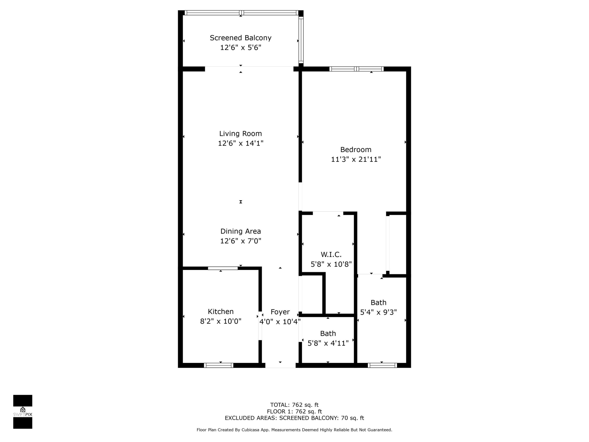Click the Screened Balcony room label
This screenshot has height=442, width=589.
click(x=241, y=38)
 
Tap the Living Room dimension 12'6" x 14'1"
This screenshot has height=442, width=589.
click(x=241, y=143)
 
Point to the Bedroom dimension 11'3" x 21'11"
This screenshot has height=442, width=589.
click(x=356, y=159)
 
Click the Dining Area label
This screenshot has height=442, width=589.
click(x=241, y=231)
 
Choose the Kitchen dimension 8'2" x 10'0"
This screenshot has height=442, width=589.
click(x=220, y=321)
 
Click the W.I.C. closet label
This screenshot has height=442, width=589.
click(x=331, y=254)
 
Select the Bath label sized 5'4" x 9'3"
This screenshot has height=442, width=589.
click(x=378, y=302)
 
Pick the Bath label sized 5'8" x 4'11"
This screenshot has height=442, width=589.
click(x=328, y=333)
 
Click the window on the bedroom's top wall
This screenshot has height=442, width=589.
click(x=356, y=69)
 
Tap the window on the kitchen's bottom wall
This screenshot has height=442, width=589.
click(x=219, y=365)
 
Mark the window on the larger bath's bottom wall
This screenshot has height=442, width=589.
click(x=382, y=365)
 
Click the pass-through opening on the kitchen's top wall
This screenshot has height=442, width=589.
click(x=223, y=268)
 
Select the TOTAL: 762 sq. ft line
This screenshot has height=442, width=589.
click(x=294, y=405)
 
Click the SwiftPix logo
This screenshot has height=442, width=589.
click(x=23, y=412)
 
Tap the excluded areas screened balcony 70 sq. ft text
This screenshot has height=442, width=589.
click(x=294, y=418)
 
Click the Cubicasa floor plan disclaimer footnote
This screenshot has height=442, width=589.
click(x=294, y=430)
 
